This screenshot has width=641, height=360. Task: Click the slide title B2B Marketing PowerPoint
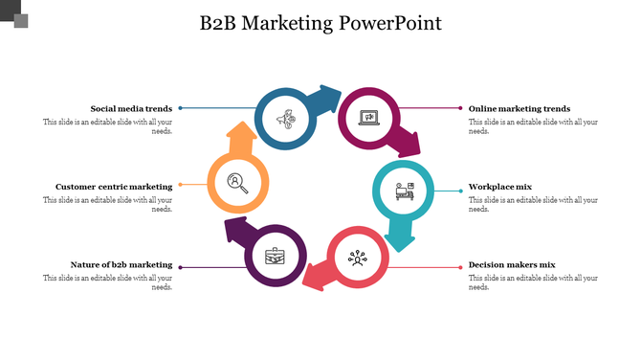(x=321, y=23)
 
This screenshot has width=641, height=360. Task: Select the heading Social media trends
(x=131, y=109)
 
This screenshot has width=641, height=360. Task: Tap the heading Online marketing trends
(x=519, y=109)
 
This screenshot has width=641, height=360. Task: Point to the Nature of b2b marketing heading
(x=122, y=264)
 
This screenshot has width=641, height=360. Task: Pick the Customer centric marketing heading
(x=114, y=187)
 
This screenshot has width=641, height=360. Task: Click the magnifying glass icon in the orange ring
(x=237, y=182)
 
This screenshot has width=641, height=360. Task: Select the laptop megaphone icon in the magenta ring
(x=368, y=119)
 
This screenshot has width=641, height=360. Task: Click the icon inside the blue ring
(x=284, y=120)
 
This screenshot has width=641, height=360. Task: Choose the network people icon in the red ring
(x=358, y=257)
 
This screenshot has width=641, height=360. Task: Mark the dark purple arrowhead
(x=236, y=229)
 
